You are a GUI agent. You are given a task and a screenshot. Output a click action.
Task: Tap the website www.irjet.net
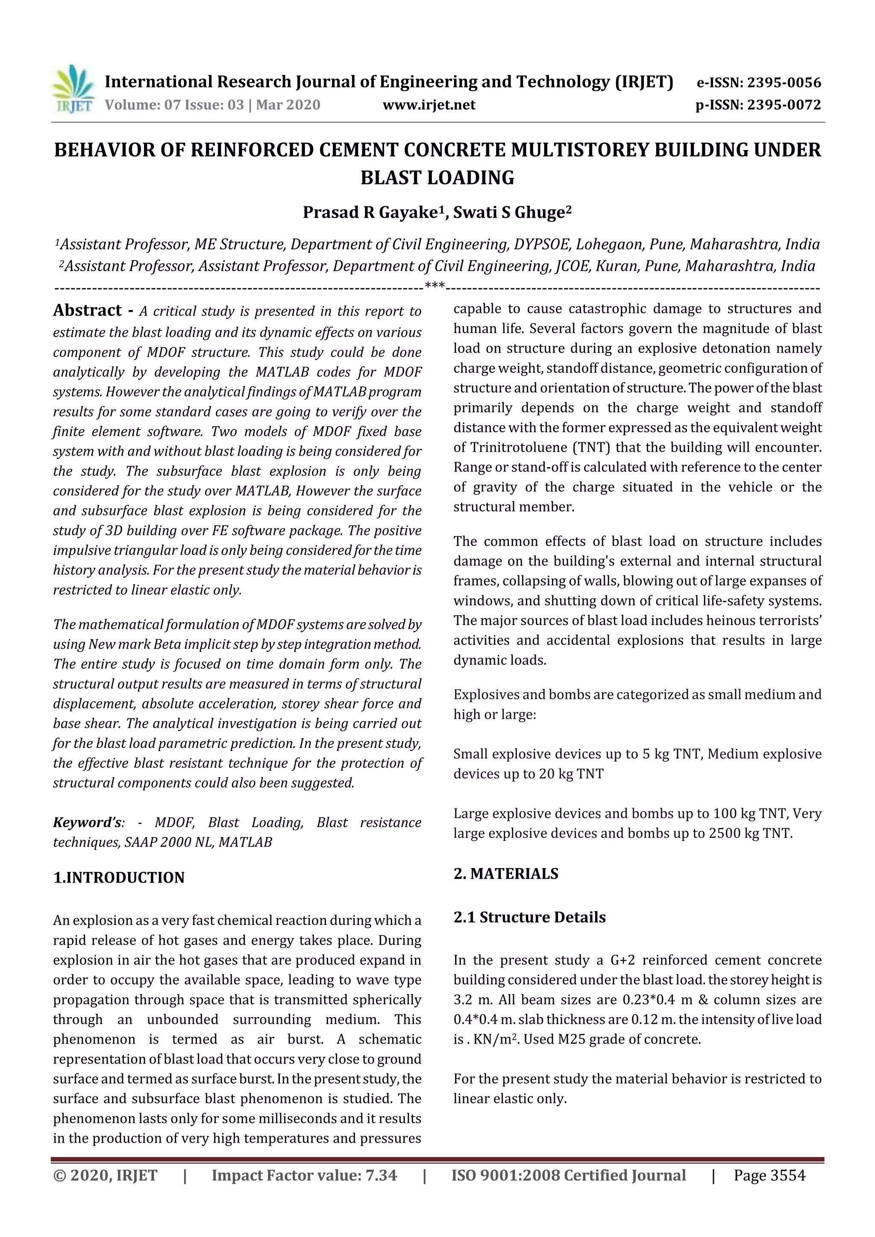tap(429, 105)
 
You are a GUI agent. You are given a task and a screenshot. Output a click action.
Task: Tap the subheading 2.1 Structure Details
tap(529, 917)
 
